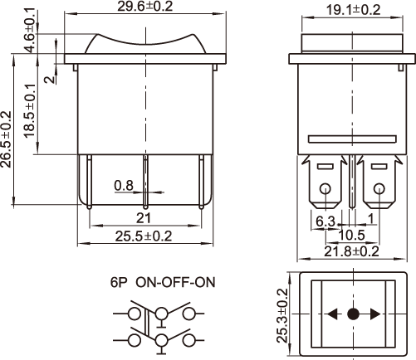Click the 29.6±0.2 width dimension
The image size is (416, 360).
145,6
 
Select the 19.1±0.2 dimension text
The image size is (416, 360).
353,10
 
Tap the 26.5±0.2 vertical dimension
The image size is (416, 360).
6,139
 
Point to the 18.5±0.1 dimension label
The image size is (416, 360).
30,110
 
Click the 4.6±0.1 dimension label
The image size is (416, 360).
30,31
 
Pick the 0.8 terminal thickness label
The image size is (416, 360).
124,186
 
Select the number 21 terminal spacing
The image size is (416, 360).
144,218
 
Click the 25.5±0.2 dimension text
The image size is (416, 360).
144,236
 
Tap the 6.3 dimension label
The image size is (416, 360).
325,221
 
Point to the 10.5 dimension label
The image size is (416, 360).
352,235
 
